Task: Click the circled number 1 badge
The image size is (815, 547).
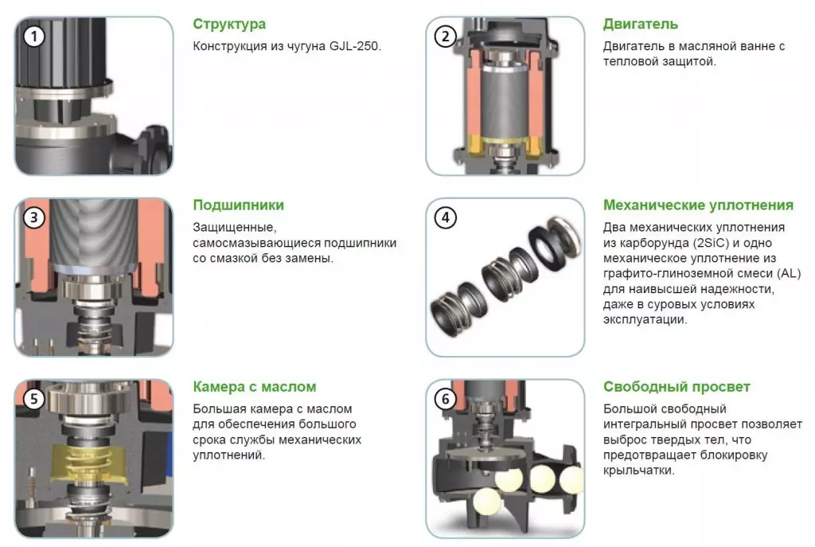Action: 34,37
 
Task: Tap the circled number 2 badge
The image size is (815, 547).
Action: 446,37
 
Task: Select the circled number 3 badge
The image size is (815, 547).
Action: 34,217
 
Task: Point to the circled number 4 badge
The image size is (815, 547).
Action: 446,217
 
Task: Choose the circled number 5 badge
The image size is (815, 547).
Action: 34,399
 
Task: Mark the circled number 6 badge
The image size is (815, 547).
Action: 446,399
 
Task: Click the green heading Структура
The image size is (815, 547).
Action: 229,25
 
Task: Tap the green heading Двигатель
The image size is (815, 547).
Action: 641,25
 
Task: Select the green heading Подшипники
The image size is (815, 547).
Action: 239,205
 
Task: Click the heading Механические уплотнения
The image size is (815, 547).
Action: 698,205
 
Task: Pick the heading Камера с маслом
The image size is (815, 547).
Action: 254,387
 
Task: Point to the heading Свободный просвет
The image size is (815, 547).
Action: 677,387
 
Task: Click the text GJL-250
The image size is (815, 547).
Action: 355,46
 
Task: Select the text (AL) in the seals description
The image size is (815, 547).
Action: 789,274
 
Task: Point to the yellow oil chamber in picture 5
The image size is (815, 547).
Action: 92,464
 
